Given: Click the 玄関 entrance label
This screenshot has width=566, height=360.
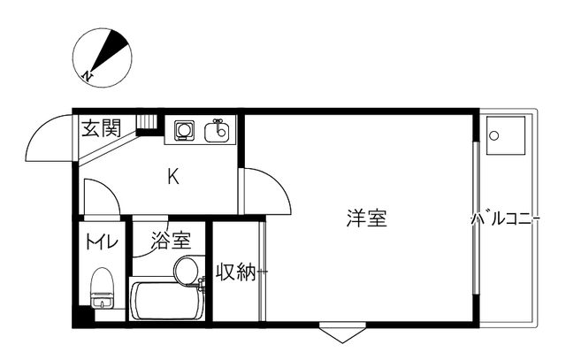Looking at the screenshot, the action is click(x=102, y=128).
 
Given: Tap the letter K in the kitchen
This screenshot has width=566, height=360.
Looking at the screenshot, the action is click(x=173, y=177).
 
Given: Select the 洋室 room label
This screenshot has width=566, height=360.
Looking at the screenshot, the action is click(x=367, y=218).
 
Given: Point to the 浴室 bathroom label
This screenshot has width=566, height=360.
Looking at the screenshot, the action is click(x=171, y=241).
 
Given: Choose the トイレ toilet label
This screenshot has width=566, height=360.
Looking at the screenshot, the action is click(x=102, y=241).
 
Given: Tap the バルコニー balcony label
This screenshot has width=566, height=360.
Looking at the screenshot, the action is click(x=505, y=219).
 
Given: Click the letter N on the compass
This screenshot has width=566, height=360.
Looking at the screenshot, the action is click(x=88, y=76).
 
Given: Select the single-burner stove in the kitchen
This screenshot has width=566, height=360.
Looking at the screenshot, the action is click(x=184, y=130).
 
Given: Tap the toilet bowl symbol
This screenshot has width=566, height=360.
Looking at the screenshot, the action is click(x=103, y=287).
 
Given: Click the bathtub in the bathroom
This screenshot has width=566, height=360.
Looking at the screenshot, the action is click(x=166, y=301).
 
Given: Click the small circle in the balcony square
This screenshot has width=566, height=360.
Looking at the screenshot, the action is click(x=494, y=135).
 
